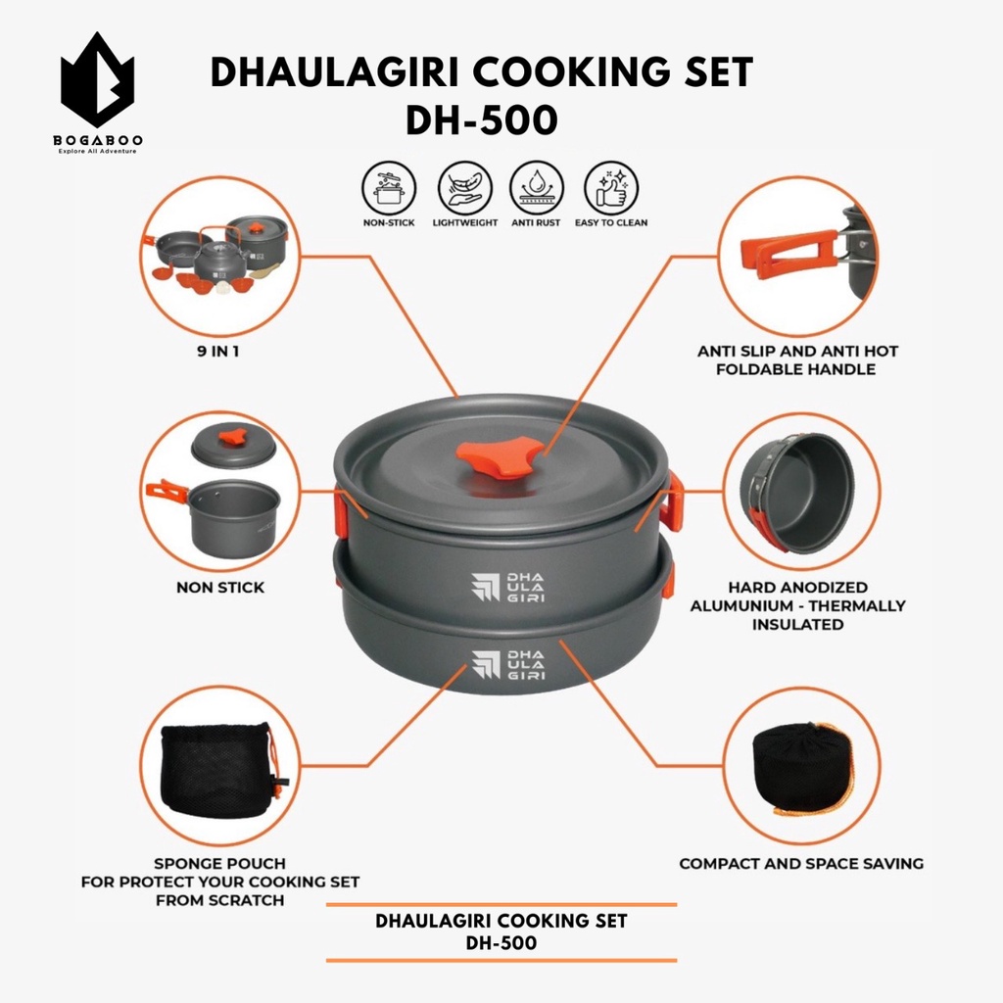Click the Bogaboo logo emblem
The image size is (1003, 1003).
coord(97,80)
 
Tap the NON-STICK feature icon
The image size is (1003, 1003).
coord(389,189)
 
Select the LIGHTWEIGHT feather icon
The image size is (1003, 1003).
coord(465,189)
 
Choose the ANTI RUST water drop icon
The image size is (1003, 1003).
coord(536,189)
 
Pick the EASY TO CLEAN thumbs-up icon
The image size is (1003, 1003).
coord(611,189)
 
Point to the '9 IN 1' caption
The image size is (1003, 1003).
coord(218,352)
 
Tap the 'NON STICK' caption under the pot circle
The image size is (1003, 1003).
coord(220,588)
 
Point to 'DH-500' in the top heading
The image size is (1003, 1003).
coord(482,120)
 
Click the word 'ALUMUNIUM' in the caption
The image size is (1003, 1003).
coord(739,605)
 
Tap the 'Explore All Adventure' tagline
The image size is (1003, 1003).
coord(97,151)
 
